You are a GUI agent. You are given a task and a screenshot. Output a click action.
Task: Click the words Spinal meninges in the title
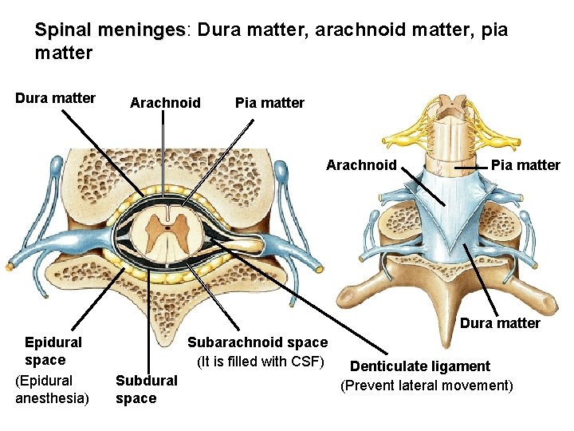pyautogui.click(x=109, y=30)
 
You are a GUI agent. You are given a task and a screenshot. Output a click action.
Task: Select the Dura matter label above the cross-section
pyautogui.click(x=55, y=98)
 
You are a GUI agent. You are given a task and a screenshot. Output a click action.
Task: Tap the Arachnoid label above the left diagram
pyautogui.click(x=165, y=103)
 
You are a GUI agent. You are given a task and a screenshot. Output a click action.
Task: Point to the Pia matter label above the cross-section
pyautogui.click(x=269, y=103)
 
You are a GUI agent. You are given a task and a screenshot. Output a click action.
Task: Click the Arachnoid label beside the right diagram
pyautogui.click(x=361, y=165)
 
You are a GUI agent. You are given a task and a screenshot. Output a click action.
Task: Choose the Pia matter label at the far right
pyautogui.click(x=525, y=165)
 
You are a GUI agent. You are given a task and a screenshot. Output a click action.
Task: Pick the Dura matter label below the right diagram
pyautogui.click(x=500, y=323)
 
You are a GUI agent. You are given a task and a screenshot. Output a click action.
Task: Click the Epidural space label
pyautogui.click(x=53, y=351)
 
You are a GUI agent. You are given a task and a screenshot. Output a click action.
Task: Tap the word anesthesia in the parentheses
pyautogui.click(x=53, y=397)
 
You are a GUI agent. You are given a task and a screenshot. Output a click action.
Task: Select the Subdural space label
pyautogui.click(x=146, y=389)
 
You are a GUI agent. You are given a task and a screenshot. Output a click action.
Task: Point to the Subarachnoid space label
pyautogui.click(x=257, y=342)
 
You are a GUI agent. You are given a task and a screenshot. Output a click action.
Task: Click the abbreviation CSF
pyautogui.click(x=304, y=362)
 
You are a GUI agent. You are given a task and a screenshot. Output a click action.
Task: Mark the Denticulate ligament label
pyautogui.click(x=420, y=366)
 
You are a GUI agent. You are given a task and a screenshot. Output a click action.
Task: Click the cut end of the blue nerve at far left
pyautogui.click(x=10, y=265)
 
